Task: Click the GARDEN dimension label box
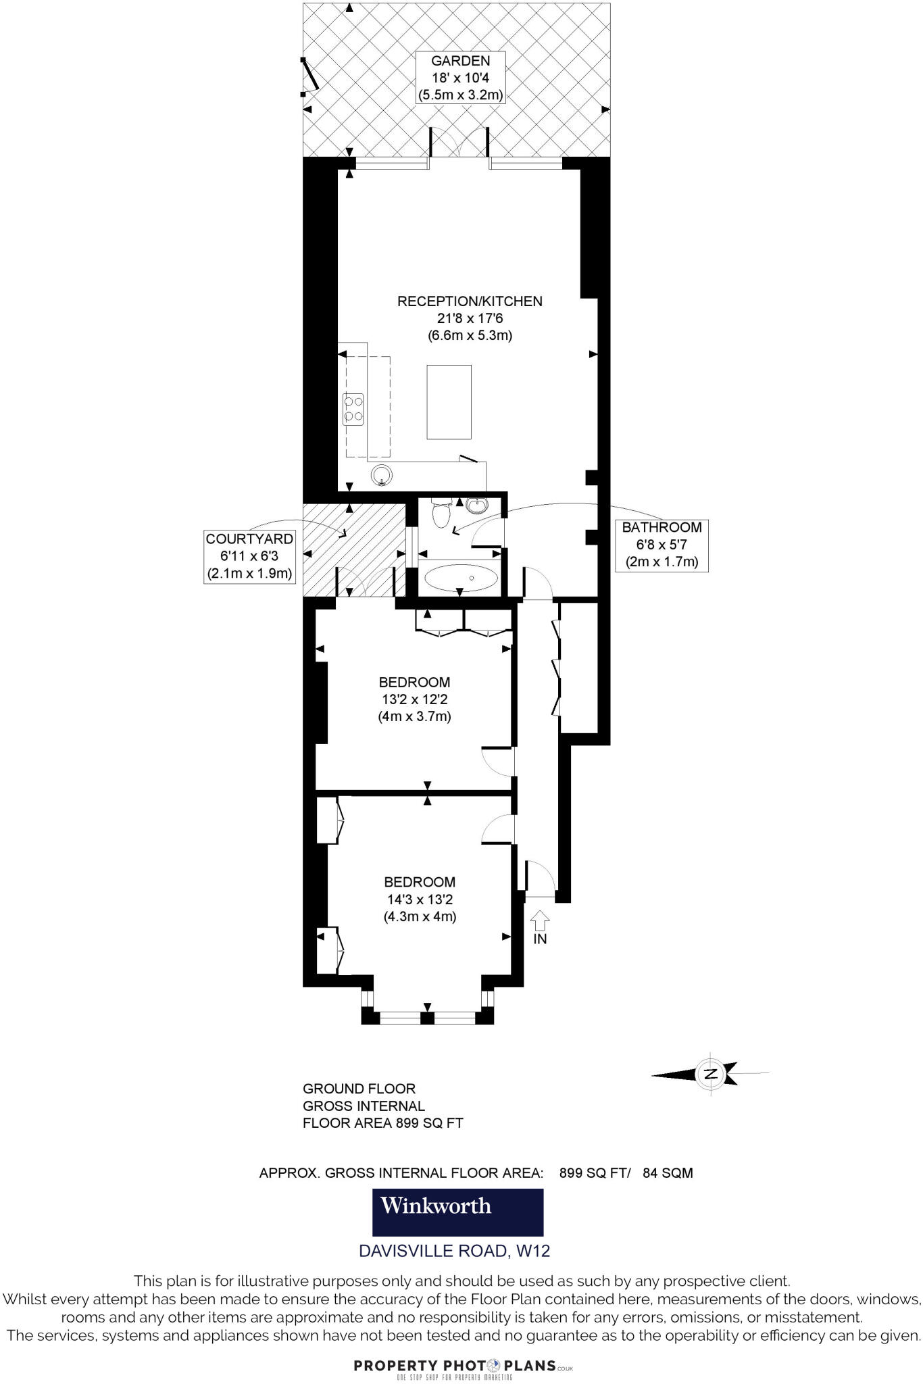(460, 78)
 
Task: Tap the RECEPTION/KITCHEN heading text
(470, 301)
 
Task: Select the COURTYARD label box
(250, 556)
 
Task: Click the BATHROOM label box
(662, 544)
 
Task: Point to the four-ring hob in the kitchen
(353, 409)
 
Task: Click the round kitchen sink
(382, 474)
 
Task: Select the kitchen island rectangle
(449, 401)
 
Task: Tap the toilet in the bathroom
(441, 514)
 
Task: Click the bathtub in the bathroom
(461, 578)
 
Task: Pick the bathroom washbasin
(478, 505)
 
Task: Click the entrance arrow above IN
(540, 919)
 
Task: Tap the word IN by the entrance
(540, 939)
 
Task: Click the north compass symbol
(710, 1074)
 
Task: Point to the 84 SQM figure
(668, 1173)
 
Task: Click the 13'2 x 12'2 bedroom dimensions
(414, 699)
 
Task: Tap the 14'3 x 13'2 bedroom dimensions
(420, 899)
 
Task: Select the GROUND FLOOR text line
(359, 1089)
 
